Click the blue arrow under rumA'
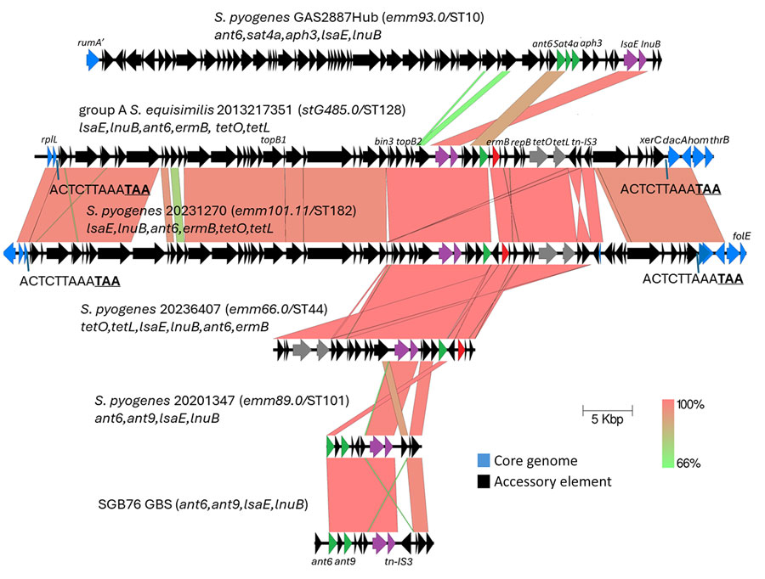tap(93, 59)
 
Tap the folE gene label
tap(741, 237)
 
